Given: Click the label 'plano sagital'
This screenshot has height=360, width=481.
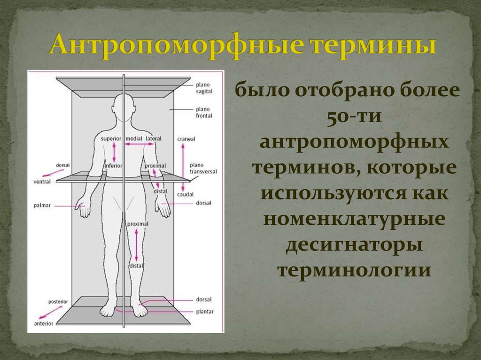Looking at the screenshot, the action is (x=203, y=88).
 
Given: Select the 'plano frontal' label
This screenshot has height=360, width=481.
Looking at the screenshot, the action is (x=204, y=112).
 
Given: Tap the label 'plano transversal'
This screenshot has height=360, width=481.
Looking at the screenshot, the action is (x=203, y=169).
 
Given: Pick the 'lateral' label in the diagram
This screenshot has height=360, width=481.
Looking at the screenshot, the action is (x=154, y=139).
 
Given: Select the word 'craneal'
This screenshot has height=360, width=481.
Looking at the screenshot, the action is (x=186, y=139).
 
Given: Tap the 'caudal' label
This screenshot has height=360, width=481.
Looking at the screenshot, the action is (x=186, y=194).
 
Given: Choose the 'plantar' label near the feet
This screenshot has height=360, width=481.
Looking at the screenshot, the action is (x=205, y=311).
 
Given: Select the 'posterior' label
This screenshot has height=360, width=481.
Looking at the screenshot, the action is (x=58, y=301).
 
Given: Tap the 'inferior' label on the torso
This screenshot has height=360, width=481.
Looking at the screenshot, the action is (x=113, y=165).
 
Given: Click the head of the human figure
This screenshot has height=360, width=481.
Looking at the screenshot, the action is (x=124, y=104).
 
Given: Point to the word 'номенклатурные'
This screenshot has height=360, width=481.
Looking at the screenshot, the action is (x=353, y=220).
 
